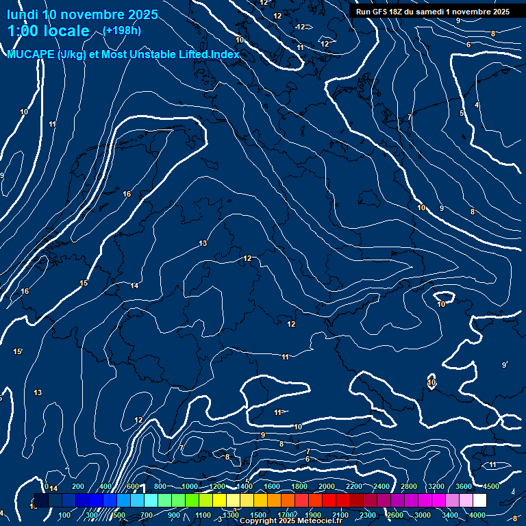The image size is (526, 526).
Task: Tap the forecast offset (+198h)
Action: [x=122, y=31]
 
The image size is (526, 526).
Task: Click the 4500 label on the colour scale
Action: [x=491, y=486]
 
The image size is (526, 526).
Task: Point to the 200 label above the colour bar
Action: [x=78, y=486]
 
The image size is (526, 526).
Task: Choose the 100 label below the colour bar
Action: [x=65, y=515]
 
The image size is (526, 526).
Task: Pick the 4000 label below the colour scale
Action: [x=477, y=515]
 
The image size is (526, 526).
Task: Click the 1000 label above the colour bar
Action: [x=189, y=486]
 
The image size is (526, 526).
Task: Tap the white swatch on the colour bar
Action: [x=479, y=501]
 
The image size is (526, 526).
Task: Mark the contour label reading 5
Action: [x=462, y=113]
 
